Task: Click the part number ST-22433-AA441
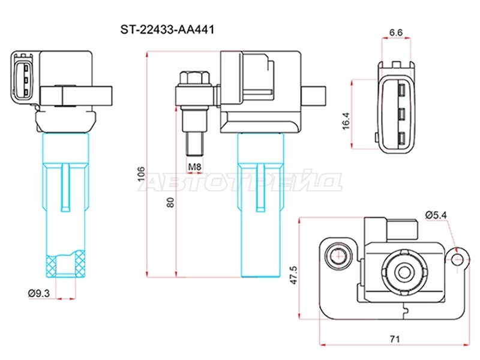[x=167, y=29]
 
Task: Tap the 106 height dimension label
[x=141, y=173]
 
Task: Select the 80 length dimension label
[x=170, y=202]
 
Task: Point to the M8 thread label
[x=194, y=167]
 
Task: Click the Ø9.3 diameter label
[x=39, y=293]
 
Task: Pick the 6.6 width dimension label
[x=396, y=32]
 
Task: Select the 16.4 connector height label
[x=346, y=121]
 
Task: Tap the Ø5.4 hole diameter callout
[x=436, y=215]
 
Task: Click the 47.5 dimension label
[x=293, y=275]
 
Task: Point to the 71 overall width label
[x=395, y=339]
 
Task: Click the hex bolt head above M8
[x=194, y=79]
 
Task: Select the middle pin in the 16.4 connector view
[x=402, y=114]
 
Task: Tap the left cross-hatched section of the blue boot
[x=51, y=263]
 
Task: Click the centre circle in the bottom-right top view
[x=403, y=271]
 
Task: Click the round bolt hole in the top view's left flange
[x=338, y=254]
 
